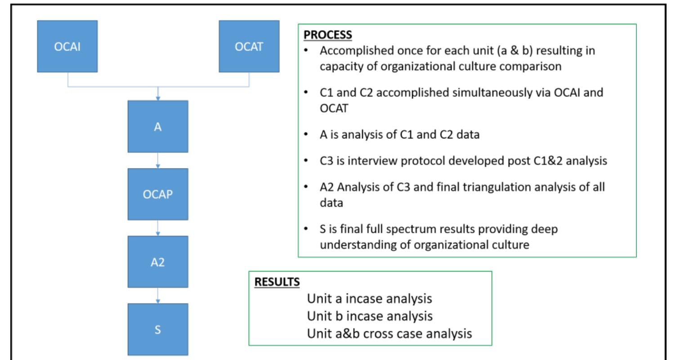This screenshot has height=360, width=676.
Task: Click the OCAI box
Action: tap(67, 46)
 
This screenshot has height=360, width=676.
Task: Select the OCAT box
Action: tap(249, 46)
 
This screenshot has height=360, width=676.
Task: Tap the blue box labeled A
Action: tap(158, 126)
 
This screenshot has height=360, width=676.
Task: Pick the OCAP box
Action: tap(158, 194)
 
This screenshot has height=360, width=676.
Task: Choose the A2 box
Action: tap(158, 262)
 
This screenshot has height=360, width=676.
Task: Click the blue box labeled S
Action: tap(158, 329)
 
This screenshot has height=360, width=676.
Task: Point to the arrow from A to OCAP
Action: tap(158, 160)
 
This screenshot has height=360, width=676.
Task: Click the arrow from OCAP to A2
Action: tap(158, 228)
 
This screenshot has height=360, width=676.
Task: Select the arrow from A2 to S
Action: tap(158, 295)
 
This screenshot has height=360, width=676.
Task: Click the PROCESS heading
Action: tap(328, 35)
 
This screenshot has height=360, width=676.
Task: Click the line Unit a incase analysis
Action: tap(369, 298)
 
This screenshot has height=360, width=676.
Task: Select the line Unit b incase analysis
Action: tap(370, 316)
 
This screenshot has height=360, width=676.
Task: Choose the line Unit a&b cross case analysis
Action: tap(389, 333)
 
